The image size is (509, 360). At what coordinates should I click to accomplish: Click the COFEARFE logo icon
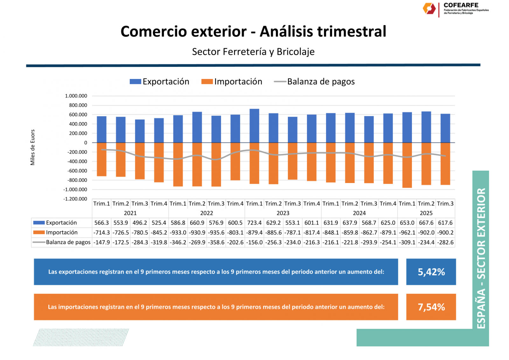(429, 9)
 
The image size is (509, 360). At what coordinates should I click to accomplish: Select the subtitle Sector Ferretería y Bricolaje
(253, 52)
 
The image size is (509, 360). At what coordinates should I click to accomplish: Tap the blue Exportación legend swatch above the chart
(135, 82)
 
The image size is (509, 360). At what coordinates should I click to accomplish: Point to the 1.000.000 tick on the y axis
(76, 96)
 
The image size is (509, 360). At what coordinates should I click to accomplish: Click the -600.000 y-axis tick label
(77, 171)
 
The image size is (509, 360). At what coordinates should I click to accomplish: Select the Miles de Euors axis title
(32, 147)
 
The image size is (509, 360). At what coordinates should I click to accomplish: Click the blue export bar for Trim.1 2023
(254, 126)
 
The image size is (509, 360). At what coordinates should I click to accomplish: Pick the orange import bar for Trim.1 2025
(407, 165)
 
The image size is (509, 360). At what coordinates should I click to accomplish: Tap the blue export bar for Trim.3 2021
(140, 131)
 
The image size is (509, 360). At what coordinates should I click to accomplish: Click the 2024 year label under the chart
(359, 213)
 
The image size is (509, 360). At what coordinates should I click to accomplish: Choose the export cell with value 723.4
(254, 223)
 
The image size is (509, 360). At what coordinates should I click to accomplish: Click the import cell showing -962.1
(407, 233)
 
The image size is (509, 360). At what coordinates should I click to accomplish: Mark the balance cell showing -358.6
(216, 243)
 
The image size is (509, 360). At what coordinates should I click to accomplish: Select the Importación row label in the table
(62, 233)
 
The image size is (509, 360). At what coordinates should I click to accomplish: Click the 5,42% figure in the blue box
(431, 272)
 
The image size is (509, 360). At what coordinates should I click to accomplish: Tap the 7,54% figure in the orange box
(431, 307)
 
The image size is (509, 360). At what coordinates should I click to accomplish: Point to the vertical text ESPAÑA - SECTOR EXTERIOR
(481, 258)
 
